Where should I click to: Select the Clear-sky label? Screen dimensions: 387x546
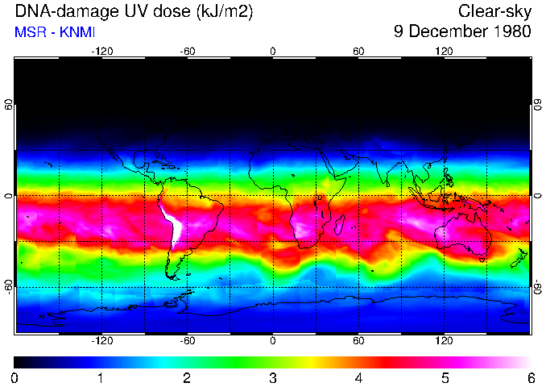tap(494, 11)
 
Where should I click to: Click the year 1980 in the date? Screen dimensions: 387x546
tap(512, 32)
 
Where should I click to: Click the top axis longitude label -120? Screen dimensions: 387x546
tap(101, 51)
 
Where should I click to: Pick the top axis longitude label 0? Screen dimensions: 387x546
tap(273, 51)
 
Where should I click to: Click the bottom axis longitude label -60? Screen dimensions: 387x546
tap(187, 341)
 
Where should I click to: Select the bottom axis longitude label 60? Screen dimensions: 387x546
tap(358, 341)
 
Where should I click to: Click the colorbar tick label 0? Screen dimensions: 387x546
tap(14, 377)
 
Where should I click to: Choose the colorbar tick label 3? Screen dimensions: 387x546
tap(272, 377)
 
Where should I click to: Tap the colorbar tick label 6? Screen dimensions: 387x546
tap(530, 377)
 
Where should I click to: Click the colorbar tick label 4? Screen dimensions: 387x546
tap(358, 377)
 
